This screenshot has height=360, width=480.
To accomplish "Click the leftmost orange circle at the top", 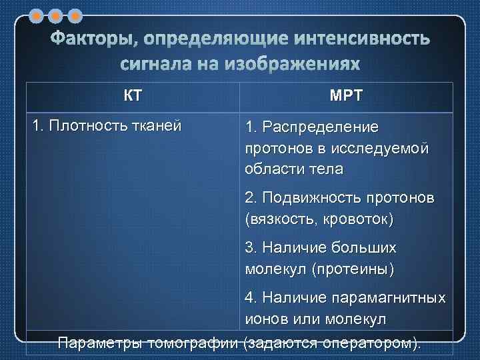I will click(37, 14).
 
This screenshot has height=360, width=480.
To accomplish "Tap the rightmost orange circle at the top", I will click(75, 14).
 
